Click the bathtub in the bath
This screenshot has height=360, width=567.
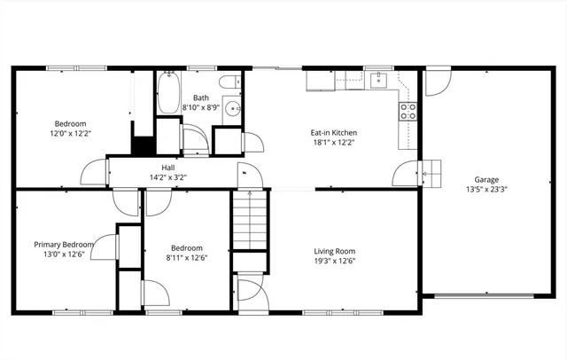(x=169, y=93)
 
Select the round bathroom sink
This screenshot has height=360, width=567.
(x=231, y=109)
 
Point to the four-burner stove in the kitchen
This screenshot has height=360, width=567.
(x=408, y=111)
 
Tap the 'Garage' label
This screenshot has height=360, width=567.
(x=486, y=178)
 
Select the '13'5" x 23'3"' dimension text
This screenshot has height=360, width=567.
(x=486, y=189)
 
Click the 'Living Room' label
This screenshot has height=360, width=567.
(x=333, y=251)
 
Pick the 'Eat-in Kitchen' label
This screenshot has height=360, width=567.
(x=334, y=133)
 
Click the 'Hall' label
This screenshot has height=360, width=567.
(x=167, y=167)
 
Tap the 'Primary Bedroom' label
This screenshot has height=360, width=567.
(x=63, y=245)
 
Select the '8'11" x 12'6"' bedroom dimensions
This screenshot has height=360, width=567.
(x=187, y=259)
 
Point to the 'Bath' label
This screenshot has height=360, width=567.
(x=201, y=98)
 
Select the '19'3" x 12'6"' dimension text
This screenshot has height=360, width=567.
(x=333, y=262)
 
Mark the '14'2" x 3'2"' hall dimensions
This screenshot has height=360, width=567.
(x=167, y=176)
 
